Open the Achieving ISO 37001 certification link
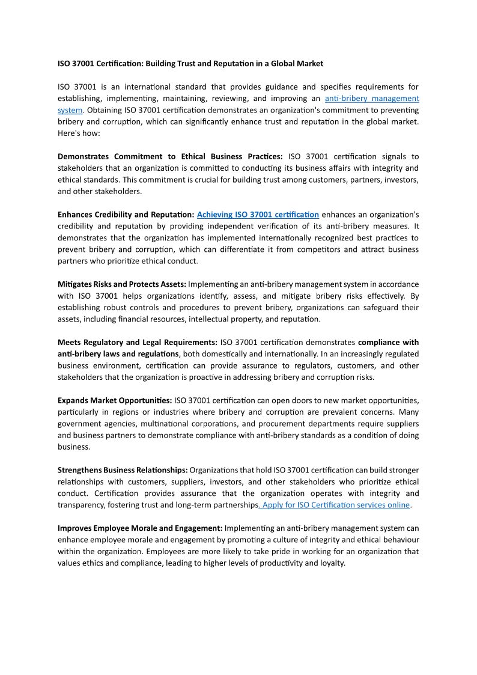tap(258, 215)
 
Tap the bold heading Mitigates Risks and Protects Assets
tap(122, 284)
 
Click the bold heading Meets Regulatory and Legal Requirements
tap(138, 343)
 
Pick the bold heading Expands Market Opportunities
tap(115, 400)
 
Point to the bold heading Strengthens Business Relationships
tap(123, 470)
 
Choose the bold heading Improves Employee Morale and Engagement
tap(140, 528)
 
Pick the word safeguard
tap(380, 308)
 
